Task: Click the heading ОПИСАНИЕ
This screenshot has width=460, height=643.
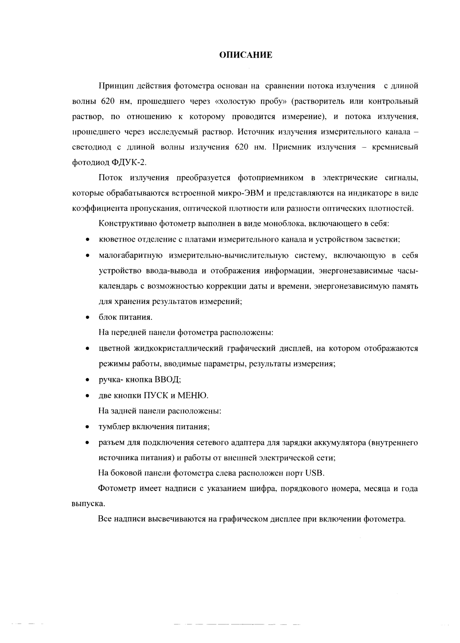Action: click(x=246, y=55)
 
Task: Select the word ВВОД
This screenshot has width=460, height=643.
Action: click(x=167, y=380)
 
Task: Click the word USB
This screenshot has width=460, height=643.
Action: click(x=315, y=473)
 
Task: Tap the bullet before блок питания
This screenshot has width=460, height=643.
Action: click(x=88, y=318)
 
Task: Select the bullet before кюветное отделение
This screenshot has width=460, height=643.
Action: click(x=88, y=240)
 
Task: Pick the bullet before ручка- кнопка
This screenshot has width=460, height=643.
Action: click(x=88, y=380)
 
